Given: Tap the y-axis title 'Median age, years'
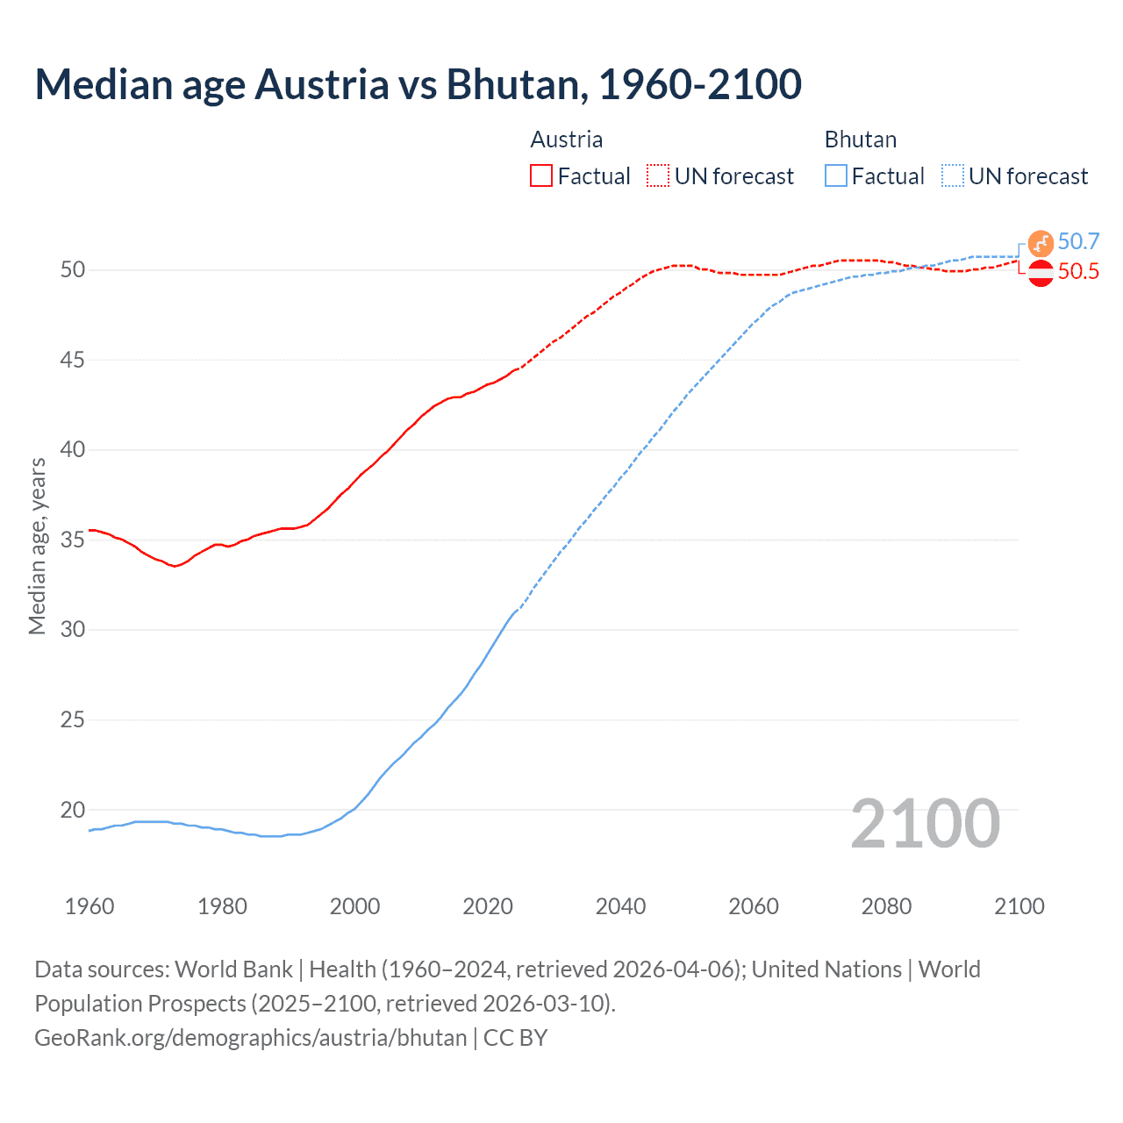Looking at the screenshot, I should pos(37,546).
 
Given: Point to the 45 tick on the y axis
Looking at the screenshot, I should pos(73,360).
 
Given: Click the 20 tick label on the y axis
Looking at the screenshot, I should pos(73,810).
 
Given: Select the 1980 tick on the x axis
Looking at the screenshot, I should pos(222,906).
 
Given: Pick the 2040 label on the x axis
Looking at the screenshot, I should pos(620,906).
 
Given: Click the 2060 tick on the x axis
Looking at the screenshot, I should pos(754,906).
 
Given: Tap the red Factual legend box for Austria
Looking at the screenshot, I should pos(541,176).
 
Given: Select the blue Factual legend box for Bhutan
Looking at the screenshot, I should pos(836,176).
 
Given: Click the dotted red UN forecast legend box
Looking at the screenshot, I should pos(658,176).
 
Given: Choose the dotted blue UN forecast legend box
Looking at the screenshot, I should pos(953,176).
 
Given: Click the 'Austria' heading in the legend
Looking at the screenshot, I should pos(567,139).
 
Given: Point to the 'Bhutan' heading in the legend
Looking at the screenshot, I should pos(861,139).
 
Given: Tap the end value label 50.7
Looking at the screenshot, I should pos(1078,242).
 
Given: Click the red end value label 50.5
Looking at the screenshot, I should pos(1078,272).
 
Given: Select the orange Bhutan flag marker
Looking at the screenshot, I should pos(1041,243).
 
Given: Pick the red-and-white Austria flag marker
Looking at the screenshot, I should pos(1041,274).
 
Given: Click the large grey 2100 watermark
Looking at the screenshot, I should pos(926,823).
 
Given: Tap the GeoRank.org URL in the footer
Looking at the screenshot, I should pos(251,1038).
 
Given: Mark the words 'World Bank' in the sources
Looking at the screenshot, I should pos(233,969).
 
